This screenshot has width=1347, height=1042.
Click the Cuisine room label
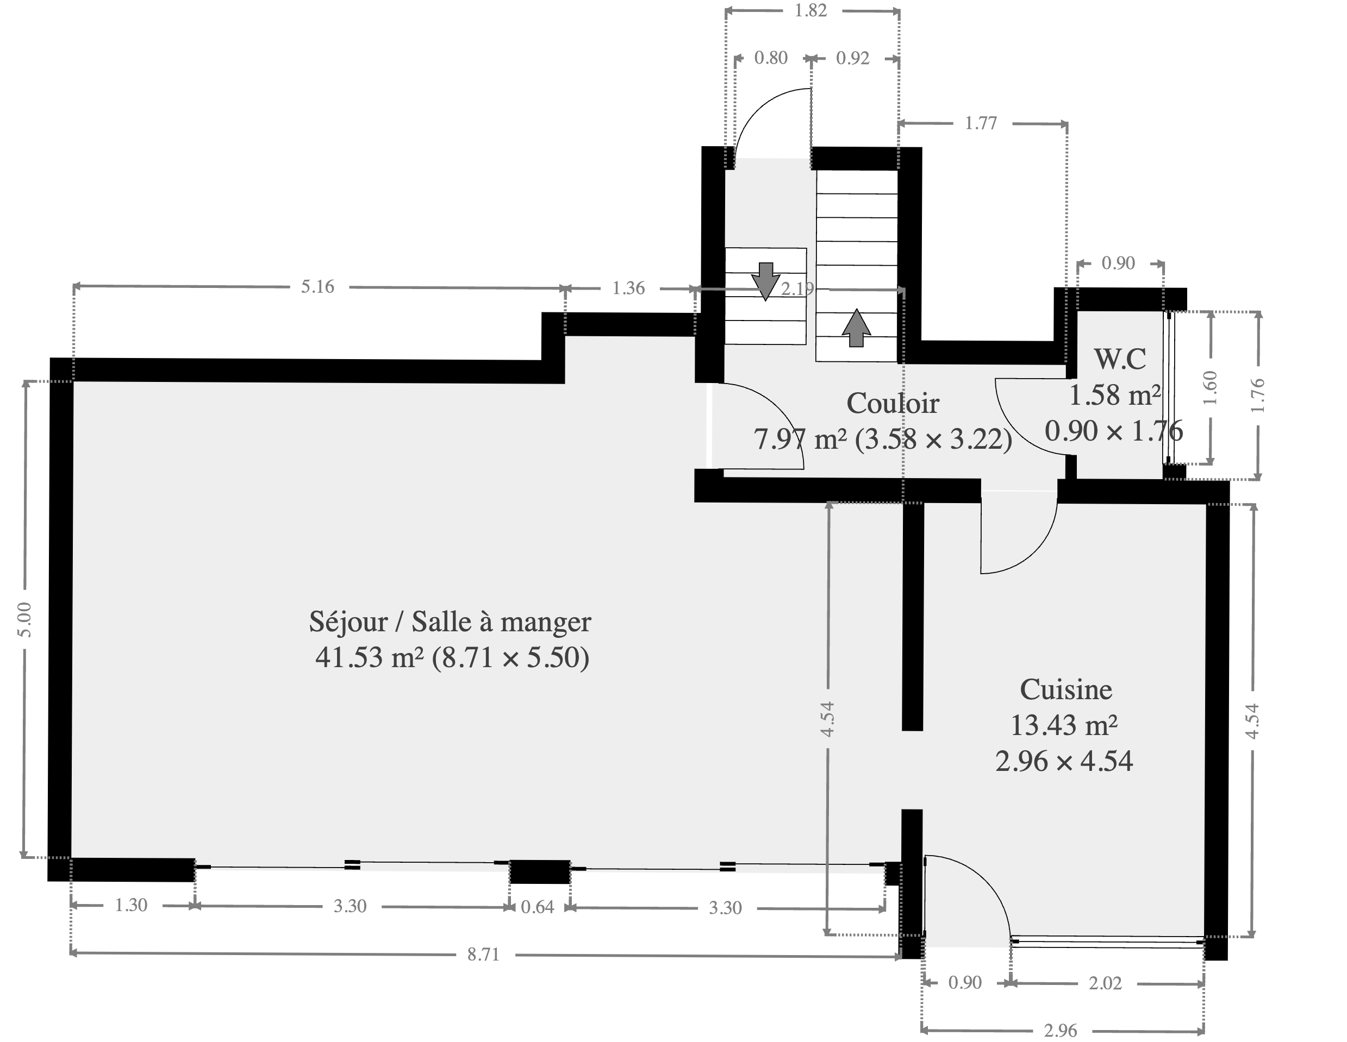pos(1066,689)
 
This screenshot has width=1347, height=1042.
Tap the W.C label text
pos(1120,359)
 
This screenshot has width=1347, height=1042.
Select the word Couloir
pos(893,403)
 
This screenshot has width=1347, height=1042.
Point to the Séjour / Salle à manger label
pos(450,622)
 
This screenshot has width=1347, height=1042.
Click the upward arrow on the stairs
pos(857,328)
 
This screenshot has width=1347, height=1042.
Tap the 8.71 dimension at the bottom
pos(483,955)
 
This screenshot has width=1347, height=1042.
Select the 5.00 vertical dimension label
pos(24,620)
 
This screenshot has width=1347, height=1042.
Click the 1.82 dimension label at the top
pos(810,10)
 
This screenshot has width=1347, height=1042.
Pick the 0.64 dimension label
pos(537,907)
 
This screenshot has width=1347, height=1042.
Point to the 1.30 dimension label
pos(132,905)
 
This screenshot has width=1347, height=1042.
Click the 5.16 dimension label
pos(317,287)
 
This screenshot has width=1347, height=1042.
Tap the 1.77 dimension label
pos(981,123)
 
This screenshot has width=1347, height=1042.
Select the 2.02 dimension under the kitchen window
pos(1105,983)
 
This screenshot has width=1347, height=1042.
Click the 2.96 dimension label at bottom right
pos(1061,1030)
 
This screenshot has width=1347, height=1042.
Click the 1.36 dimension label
pos(628,288)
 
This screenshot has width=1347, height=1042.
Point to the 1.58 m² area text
pos(1114,395)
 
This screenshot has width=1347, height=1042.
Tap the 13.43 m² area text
pos(1064,725)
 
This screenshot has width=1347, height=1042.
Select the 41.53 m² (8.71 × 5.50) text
pos(452,657)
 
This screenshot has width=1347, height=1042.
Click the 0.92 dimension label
pos(852,58)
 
